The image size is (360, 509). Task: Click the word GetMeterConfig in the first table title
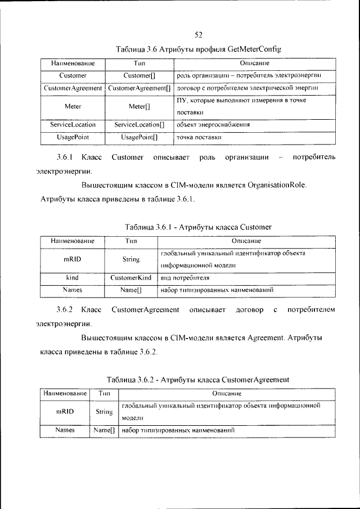point(255,49)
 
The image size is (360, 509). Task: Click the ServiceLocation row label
point(73,124)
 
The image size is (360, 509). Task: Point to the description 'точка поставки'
point(199,137)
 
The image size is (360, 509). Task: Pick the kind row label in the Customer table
point(73,277)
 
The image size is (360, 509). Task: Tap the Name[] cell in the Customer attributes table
point(130,290)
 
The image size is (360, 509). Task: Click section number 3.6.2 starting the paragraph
point(65,309)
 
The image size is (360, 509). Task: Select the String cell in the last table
point(104,411)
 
